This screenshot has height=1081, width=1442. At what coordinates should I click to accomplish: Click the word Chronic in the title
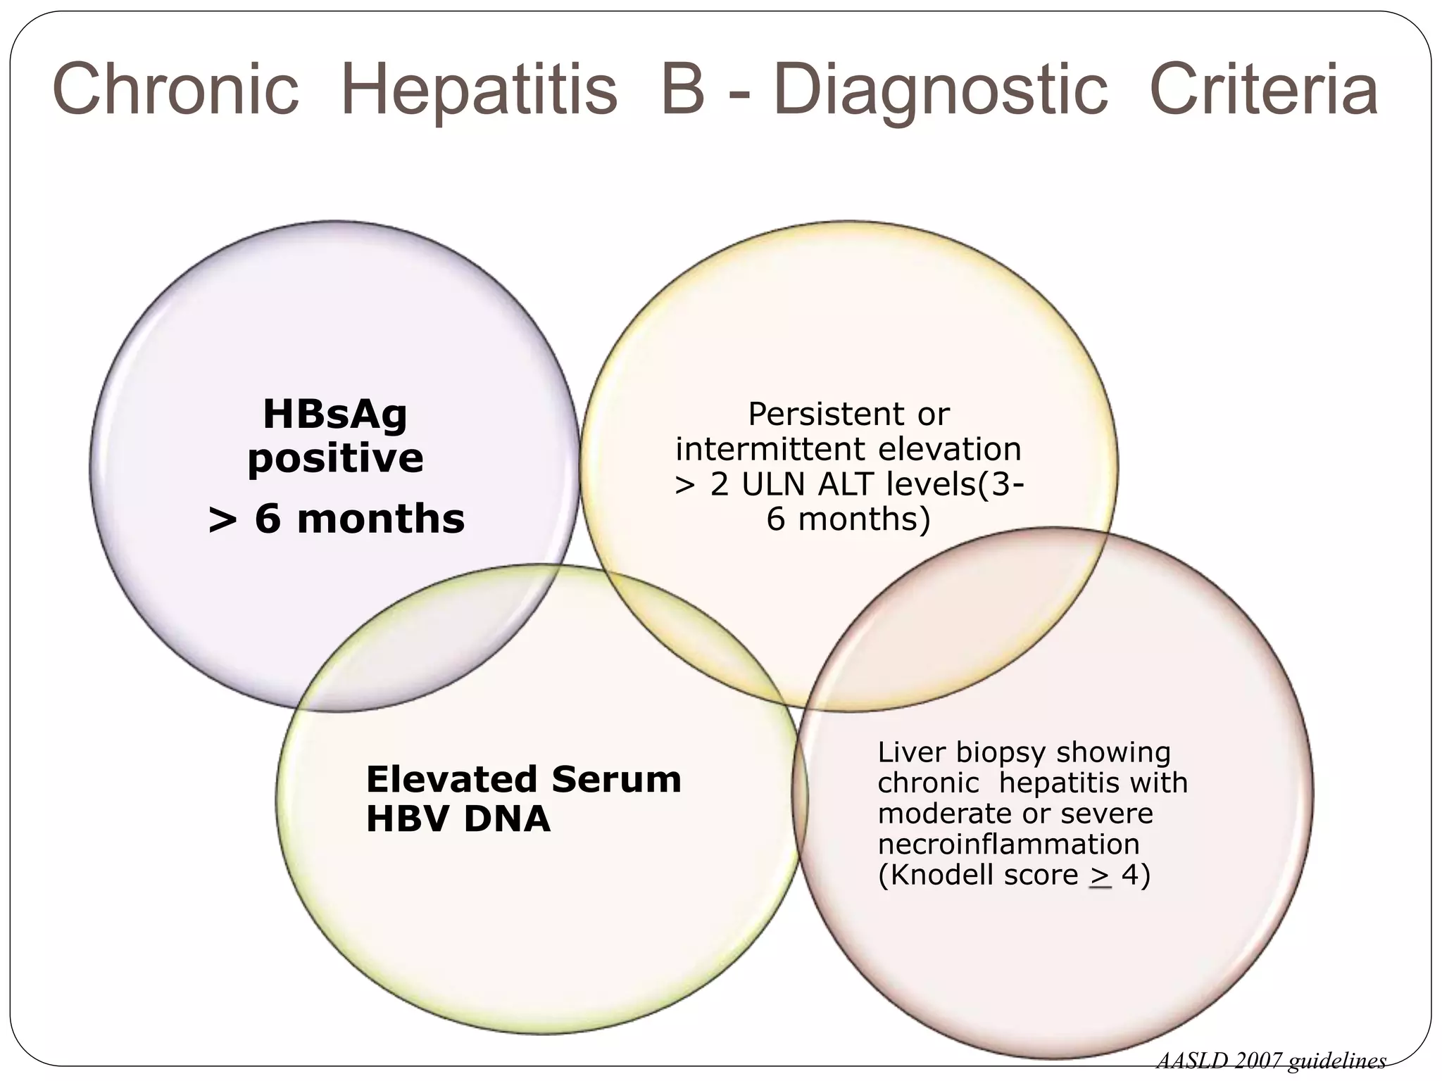click(176, 90)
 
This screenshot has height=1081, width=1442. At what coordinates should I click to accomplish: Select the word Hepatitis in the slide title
click(479, 90)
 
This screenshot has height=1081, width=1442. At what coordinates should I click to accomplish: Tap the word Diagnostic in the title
click(941, 90)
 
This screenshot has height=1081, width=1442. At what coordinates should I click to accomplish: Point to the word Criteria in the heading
click(1263, 90)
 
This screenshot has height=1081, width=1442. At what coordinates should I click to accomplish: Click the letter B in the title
click(683, 90)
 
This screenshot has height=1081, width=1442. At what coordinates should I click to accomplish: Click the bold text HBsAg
click(335, 414)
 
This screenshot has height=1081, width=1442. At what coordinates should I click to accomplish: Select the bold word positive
click(335, 459)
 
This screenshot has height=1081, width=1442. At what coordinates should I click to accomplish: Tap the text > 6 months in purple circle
click(337, 519)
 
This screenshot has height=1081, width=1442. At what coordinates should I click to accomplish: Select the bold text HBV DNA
click(458, 819)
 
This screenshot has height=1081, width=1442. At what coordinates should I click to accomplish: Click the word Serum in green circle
click(616, 780)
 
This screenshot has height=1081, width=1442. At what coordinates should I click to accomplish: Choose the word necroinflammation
click(1008, 844)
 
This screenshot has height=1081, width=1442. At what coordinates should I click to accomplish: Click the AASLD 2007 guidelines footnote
click(1271, 1061)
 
